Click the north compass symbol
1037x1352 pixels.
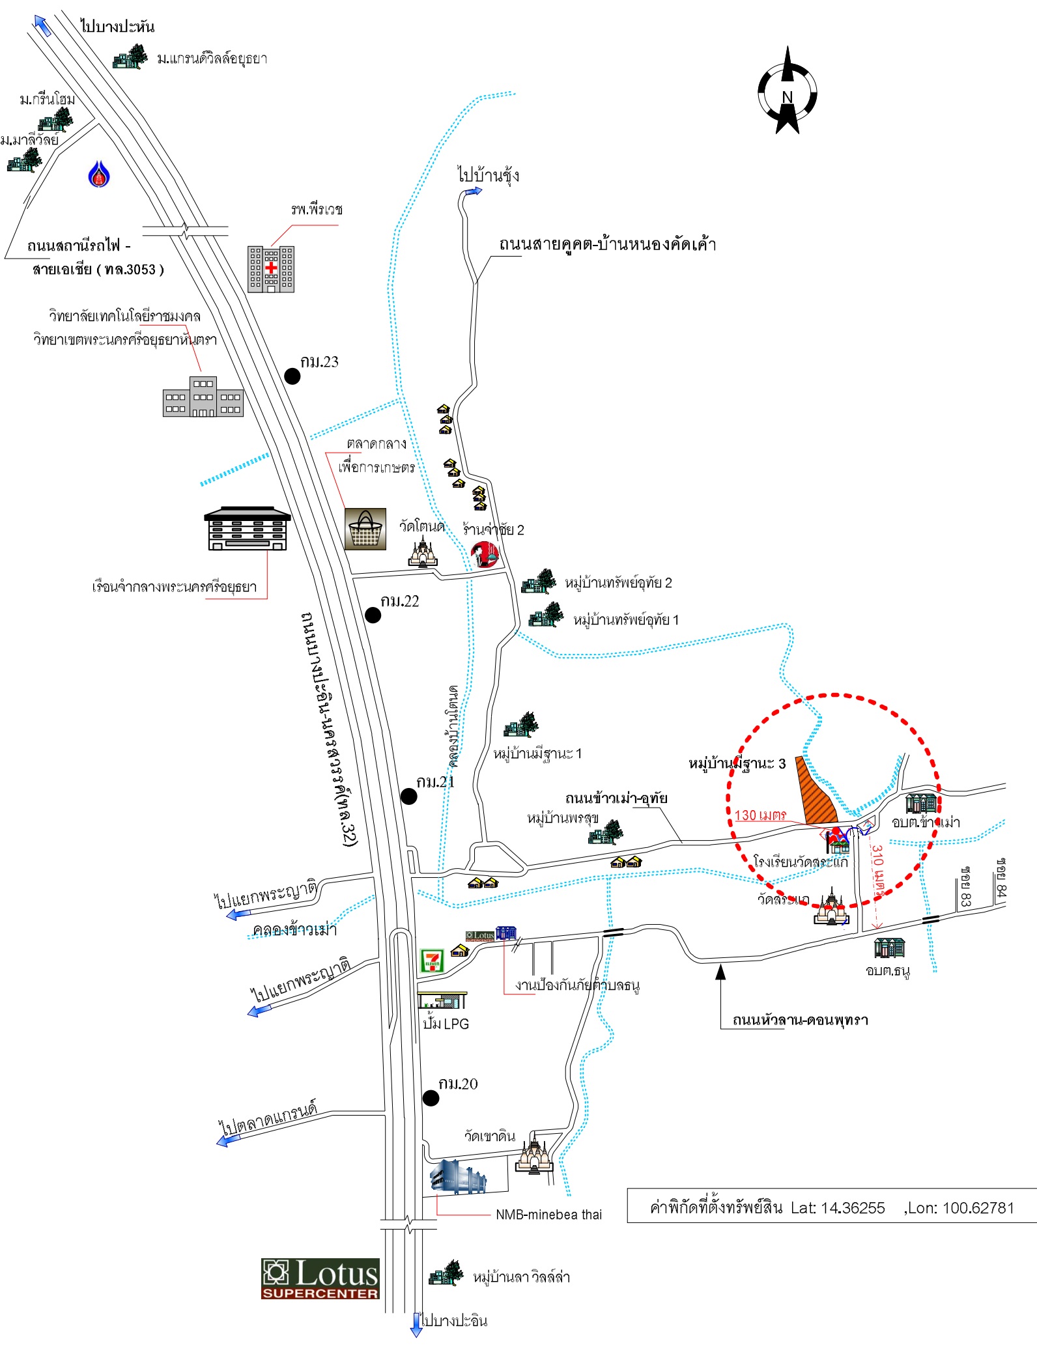[787, 92]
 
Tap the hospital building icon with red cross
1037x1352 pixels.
[271, 268]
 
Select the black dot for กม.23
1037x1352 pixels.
[292, 376]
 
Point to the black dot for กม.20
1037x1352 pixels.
[431, 1098]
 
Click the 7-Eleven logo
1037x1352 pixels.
[431, 961]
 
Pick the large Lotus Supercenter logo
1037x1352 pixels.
[320, 1278]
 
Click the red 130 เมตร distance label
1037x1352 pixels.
[760, 815]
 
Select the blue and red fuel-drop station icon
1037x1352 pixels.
[99, 174]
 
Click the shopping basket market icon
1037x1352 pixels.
[365, 529]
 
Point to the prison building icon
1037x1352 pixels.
[247, 528]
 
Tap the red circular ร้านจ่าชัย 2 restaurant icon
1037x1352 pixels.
[485, 554]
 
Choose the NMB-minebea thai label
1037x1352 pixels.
[548, 1215]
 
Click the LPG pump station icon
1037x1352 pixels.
[442, 1000]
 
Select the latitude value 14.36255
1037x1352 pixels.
[853, 1208]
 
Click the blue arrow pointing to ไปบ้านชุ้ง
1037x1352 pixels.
[472, 191]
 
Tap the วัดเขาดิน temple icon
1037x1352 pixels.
[534, 1156]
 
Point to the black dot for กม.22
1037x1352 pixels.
[373, 615]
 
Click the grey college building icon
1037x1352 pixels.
[203, 397]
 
